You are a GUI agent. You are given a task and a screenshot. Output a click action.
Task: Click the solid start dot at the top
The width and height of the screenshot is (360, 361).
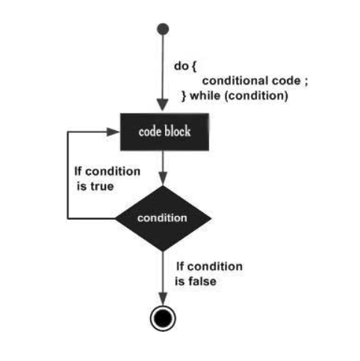tap(163, 29)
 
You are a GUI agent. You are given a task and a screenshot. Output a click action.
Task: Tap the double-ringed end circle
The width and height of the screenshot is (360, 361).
tap(163, 318)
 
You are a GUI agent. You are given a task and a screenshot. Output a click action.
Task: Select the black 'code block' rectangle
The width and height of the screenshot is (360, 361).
tap(164, 132)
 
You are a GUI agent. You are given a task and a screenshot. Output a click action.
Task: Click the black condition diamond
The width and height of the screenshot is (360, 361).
tap(164, 218)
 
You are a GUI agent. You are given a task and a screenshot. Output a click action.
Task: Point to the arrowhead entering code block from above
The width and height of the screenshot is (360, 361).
tap(163, 105)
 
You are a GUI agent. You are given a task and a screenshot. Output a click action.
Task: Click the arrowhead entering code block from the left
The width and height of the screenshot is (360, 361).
tap(114, 132)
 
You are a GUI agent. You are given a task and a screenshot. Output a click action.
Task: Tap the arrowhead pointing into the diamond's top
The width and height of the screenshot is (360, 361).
tap(163, 179)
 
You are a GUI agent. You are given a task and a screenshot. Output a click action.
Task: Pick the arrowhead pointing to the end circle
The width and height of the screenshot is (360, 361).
tap(163, 299)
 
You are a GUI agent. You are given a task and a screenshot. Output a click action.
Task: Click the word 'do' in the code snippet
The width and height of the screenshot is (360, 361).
tap(181, 66)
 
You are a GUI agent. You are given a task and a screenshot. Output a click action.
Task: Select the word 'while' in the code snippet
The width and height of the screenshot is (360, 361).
tap(205, 96)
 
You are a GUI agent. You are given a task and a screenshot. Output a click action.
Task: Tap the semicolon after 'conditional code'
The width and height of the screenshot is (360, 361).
tap(306, 82)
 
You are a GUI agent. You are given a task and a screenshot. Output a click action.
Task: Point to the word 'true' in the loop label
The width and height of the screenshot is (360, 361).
tap(102, 186)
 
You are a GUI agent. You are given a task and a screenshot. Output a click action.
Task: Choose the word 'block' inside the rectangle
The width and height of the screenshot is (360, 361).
tap(178, 132)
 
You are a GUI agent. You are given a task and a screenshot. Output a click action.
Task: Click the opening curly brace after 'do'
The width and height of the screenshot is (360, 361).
tap(194, 67)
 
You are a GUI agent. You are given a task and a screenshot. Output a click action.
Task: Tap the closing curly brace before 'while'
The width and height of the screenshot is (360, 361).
tap(184, 96)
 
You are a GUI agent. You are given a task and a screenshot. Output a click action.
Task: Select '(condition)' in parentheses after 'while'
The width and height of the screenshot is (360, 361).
tap(256, 96)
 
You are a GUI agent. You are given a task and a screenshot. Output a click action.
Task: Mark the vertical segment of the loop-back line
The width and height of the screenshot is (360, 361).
tap(68, 175)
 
